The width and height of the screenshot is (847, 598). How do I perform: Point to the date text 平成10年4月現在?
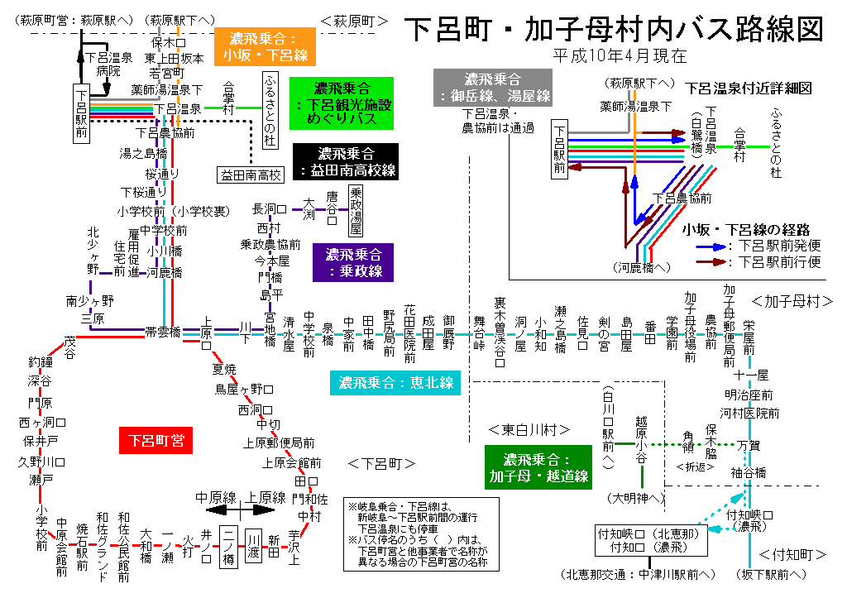pyautogui.click(x=622, y=56)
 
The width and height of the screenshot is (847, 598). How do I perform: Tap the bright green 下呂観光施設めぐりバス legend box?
pyautogui.click(x=342, y=103)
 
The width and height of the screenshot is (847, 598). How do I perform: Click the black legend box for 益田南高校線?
pyautogui.click(x=346, y=162)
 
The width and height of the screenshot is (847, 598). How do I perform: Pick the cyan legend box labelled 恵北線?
pyautogui.click(x=396, y=383)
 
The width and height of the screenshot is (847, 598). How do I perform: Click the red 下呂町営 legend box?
pyautogui.click(x=156, y=440)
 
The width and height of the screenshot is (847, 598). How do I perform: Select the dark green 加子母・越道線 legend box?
pyautogui.click(x=538, y=468)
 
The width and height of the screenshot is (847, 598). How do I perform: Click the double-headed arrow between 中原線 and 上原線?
pyautogui.click(x=229, y=509)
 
